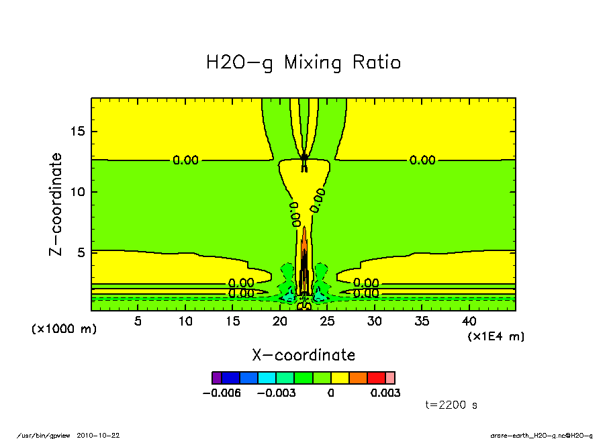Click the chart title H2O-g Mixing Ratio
pos(303,63)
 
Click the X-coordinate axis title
pos(303,355)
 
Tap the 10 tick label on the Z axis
pos(79,192)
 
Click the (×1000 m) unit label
pos(64,329)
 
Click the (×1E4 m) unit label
pos(496,336)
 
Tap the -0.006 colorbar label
pos(221,393)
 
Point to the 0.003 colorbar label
pos(385,393)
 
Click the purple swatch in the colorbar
pos(216,378)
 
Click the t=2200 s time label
pos(451,405)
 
